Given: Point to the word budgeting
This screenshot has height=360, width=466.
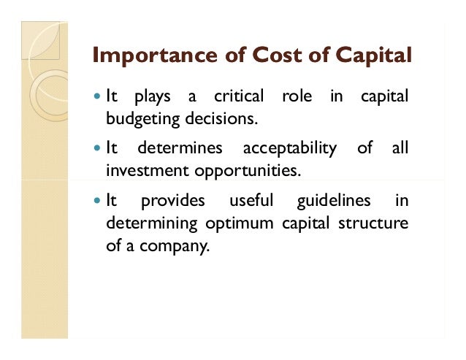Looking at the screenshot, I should click(x=140, y=118).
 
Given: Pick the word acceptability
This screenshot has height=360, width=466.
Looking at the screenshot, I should click(x=289, y=149).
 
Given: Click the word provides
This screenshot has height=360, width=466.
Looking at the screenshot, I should click(x=172, y=201).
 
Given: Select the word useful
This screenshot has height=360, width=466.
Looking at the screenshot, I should click(x=251, y=201).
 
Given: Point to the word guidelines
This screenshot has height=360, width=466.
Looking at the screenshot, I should click(x=334, y=201).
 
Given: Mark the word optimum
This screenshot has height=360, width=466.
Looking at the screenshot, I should click(x=236, y=223).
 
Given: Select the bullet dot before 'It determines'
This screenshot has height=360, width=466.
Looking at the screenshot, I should click(x=98, y=149).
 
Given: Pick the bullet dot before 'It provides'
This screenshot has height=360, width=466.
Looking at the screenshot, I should click(x=98, y=201).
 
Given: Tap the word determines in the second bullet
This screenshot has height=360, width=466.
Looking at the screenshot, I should click(x=180, y=149).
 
